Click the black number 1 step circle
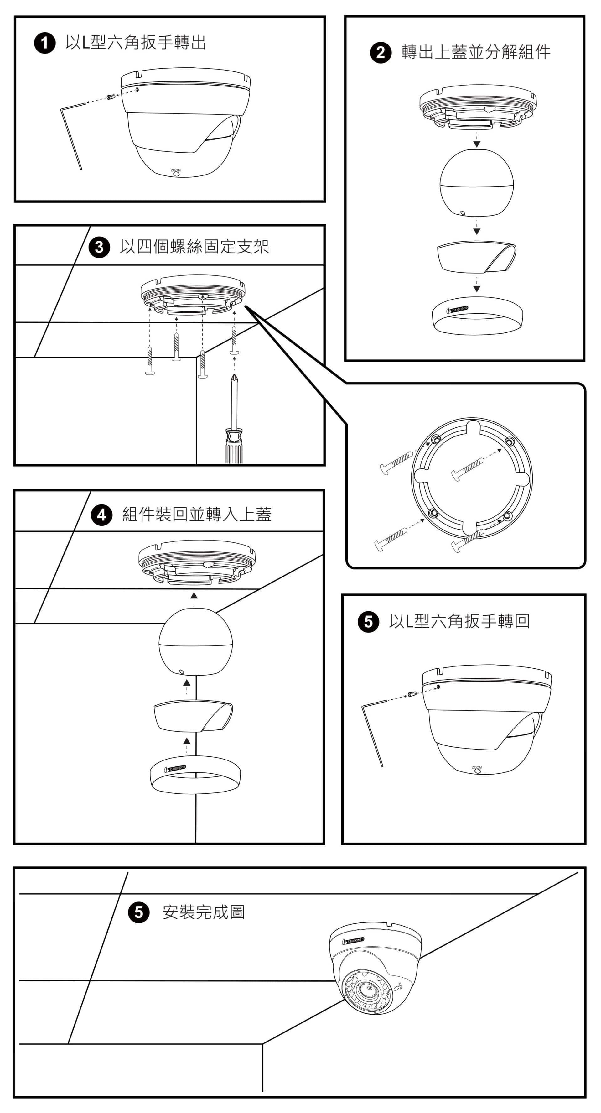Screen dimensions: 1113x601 tap(45, 43)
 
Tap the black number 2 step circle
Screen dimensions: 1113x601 tap(381, 53)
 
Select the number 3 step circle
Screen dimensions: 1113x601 tap(99, 247)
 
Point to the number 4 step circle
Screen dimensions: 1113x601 tap(101, 515)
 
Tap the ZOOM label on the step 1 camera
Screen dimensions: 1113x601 tap(175, 170)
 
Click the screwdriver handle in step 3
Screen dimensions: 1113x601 tap(234, 445)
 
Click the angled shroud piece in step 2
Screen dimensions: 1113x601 tap(476, 257)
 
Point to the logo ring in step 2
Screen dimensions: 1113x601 tap(477, 316)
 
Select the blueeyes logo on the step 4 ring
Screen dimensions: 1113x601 tap(175, 768)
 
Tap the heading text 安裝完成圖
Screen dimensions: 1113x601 tap(203, 912)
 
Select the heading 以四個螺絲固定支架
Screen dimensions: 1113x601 tap(194, 247)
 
